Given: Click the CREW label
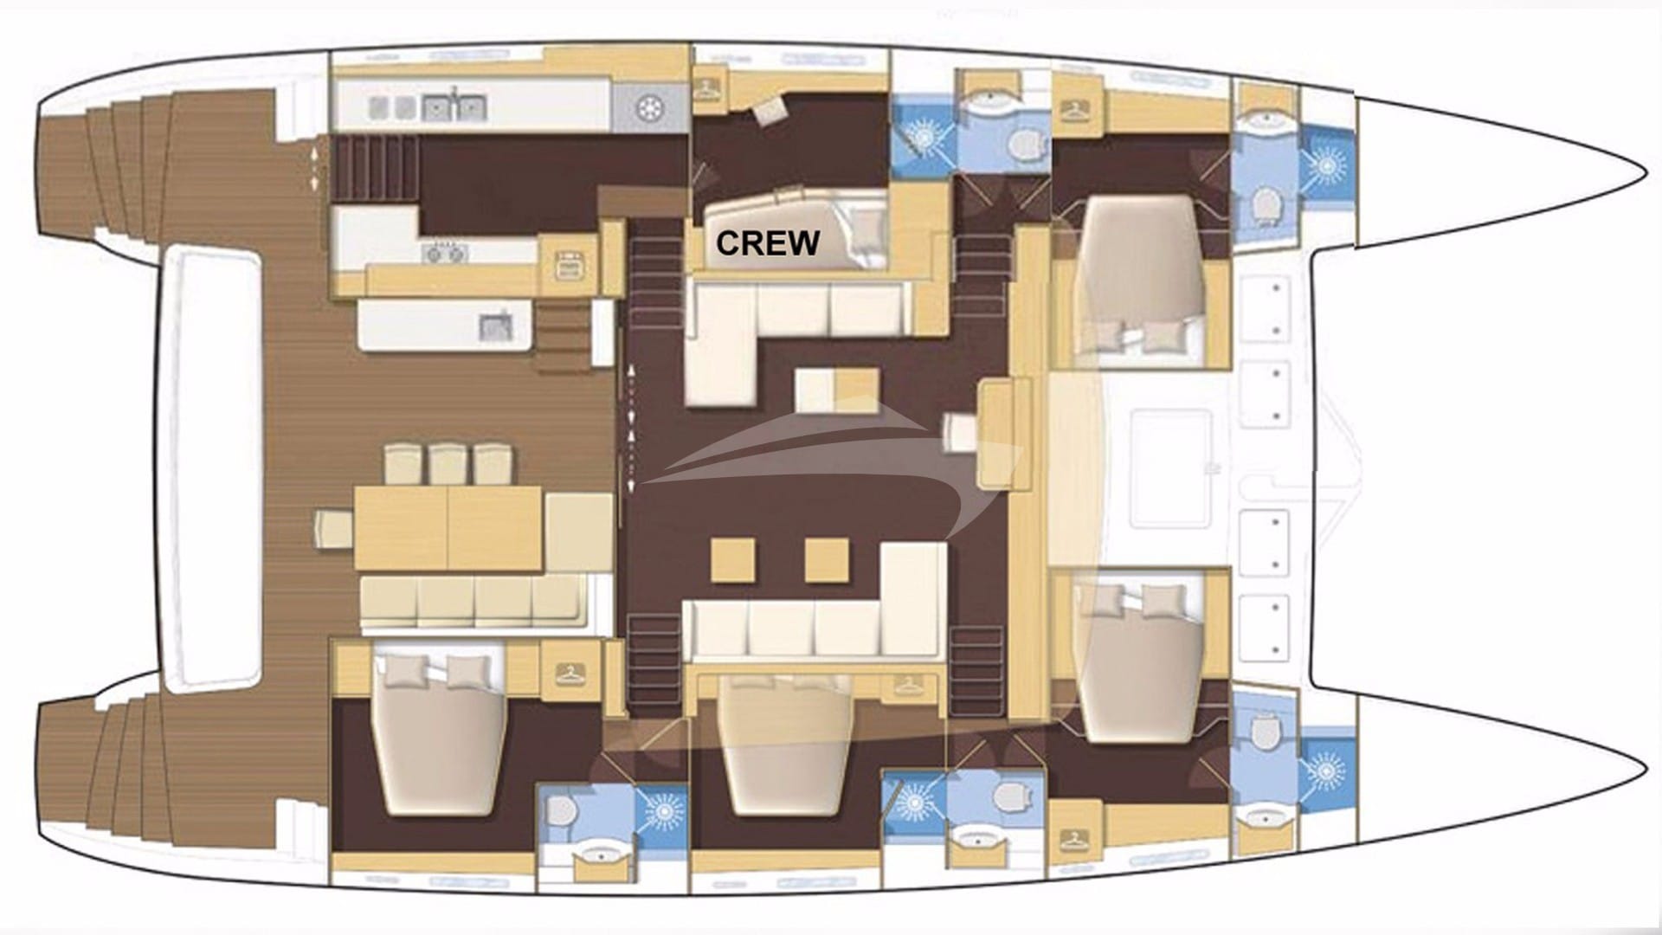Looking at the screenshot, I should pyautogui.click(x=767, y=243).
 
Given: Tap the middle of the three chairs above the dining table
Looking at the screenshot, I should pyautogui.click(x=448, y=463).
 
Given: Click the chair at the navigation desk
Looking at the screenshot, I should pyautogui.click(x=960, y=432).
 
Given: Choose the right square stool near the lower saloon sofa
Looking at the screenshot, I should pyautogui.click(x=826, y=559).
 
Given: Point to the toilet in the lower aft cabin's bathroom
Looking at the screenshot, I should pyautogui.click(x=561, y=811).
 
